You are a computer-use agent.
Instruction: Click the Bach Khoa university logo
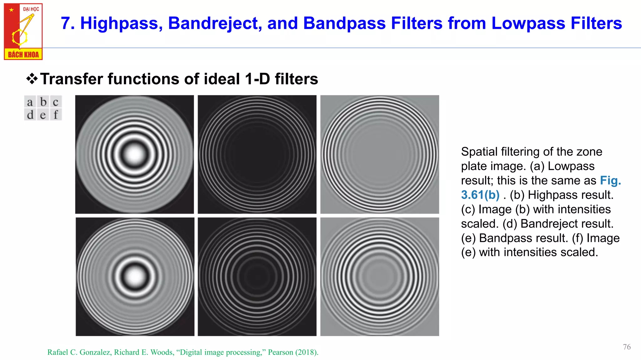click(23, 31)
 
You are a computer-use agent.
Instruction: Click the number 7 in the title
click(65, 23)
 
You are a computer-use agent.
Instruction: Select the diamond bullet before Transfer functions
click(32, 79)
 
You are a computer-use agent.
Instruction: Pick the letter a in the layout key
click(30, 102)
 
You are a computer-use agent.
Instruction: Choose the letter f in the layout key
click(56, 115)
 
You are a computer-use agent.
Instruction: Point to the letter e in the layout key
click(43, 115)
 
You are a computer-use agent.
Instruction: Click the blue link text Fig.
click(610, 181)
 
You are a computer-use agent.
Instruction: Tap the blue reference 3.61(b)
click(480, 195)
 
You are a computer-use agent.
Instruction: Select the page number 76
click(627, 347)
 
